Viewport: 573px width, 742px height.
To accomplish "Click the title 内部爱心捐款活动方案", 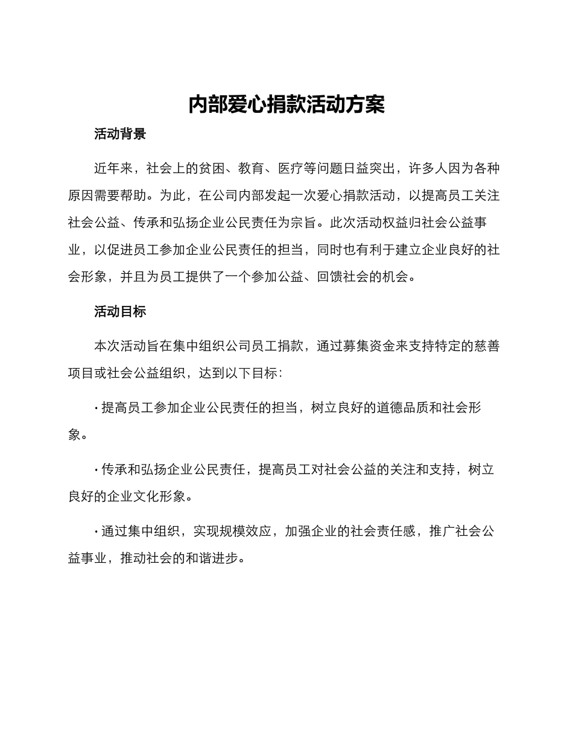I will (286, 104).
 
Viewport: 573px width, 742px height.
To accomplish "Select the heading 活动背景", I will (120, 134).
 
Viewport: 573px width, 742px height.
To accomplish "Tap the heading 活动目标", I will (120, 311).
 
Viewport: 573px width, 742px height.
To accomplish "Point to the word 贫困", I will (212, 169).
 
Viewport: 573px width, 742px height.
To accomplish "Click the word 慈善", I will (487, 346).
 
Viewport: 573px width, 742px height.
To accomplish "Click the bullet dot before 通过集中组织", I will (97, 532).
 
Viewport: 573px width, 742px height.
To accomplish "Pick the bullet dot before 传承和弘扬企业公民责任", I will (97, 471).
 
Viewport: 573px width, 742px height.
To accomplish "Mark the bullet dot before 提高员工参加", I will (97, 408).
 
